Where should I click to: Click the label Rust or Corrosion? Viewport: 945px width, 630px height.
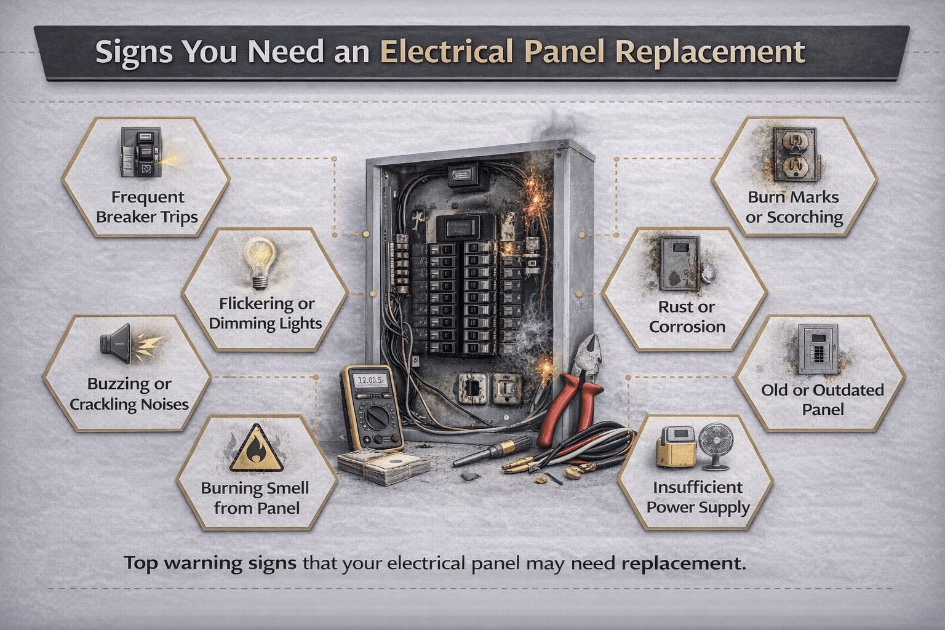pyautogui.click(x=687, y=317)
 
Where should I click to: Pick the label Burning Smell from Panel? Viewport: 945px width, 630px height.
pyautogui.click(x=256, y=498)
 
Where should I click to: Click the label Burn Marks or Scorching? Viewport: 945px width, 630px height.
pyautogui.click(x=794, y=207)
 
